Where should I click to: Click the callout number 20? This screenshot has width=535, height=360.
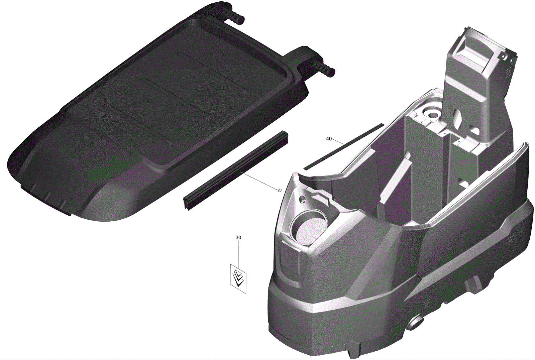280,190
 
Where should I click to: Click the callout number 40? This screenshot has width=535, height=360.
329,139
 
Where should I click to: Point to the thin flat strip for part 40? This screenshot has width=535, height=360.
343,147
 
